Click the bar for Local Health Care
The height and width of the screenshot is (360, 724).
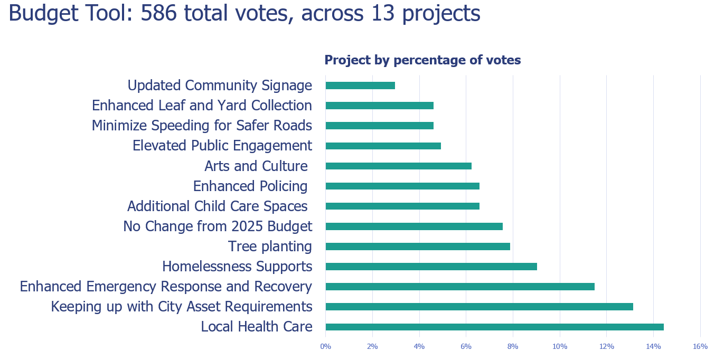[494, 327]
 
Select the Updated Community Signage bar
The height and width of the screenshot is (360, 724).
[360, 86]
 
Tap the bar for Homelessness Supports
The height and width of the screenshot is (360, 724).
[431, 267]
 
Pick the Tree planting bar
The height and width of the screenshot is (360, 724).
[418, 247]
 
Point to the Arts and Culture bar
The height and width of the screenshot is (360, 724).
[398, 166]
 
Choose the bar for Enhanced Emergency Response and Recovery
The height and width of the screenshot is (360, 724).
[460, 287]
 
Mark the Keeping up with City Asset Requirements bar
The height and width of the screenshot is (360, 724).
[479, 307]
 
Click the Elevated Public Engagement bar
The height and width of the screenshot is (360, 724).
[383, 146]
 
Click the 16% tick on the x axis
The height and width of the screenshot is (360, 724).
[700, 346]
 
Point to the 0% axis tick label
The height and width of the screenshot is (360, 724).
[325, 346]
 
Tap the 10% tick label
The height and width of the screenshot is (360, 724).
[560, 346]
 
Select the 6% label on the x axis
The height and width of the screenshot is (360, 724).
[466, 346]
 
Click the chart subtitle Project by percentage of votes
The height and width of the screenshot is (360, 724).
[422, 60]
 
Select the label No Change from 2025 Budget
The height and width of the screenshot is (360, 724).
[218, 226]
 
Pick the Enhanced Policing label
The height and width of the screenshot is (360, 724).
[250, 186]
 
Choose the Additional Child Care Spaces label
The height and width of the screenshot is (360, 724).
[218, 206]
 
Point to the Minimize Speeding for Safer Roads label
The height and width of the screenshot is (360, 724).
[202, 126]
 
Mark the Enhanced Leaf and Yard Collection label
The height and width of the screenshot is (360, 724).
[202, 106]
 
